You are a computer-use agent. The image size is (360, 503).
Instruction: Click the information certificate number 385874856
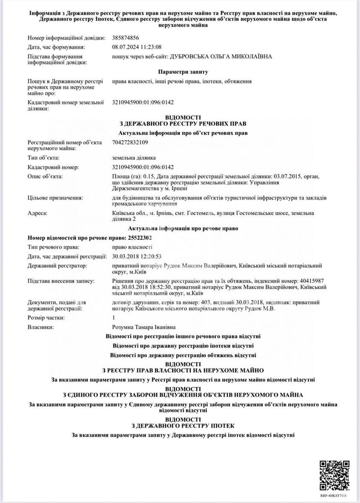128,38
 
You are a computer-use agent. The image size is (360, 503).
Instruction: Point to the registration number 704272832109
131,142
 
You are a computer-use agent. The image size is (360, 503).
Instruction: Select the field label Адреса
37,213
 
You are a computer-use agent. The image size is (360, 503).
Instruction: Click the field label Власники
41,327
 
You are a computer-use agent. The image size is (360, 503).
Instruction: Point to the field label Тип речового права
53,247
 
